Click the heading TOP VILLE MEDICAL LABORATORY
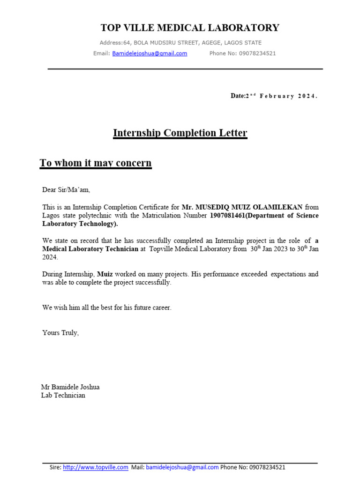pos(190,28)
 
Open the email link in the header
pos(150,53)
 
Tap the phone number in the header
pos(257,53)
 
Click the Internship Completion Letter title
pos(180,133)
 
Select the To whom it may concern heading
pos(96,163)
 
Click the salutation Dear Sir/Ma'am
pos(66,190)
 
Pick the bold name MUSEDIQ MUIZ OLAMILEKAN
pos(249,207)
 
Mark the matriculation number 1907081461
pos(227,216)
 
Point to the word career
pos(161,308)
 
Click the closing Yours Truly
pos(60,333)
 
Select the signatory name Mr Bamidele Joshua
pos(70,387)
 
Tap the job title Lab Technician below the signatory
pos(63,396)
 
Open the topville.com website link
pos(96,467)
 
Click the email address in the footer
pos(182,467)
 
